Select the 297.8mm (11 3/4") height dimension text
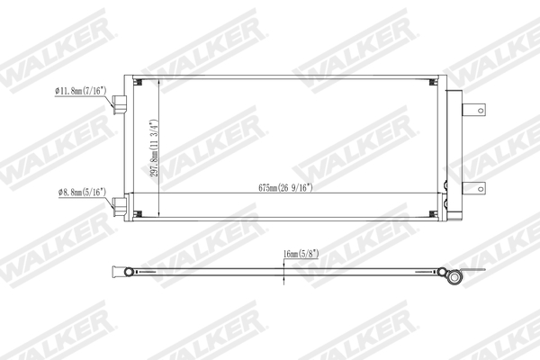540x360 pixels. (154, 148)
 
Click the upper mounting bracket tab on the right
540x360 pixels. (473, 111)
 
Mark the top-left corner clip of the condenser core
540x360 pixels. (139, 82)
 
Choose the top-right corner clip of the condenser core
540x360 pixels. (433, 82)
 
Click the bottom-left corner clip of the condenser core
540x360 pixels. (139, 213)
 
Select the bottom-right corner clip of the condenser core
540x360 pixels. (433, 213)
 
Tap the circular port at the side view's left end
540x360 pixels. (129, 272)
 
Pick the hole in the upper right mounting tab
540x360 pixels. (481, 111)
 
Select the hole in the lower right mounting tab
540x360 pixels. (481, 189)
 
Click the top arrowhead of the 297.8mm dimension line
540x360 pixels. (159, 80)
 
